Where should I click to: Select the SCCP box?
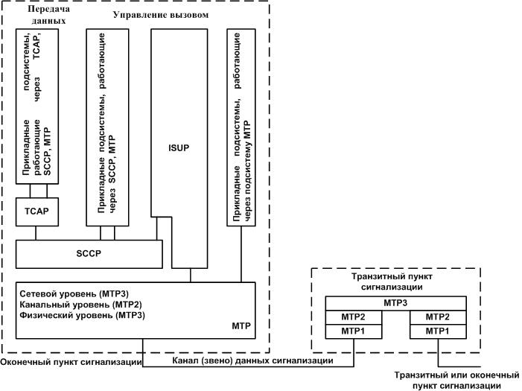(89, 253)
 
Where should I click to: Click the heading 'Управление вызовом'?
(159, 14)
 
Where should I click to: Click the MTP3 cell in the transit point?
(395, 303)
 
